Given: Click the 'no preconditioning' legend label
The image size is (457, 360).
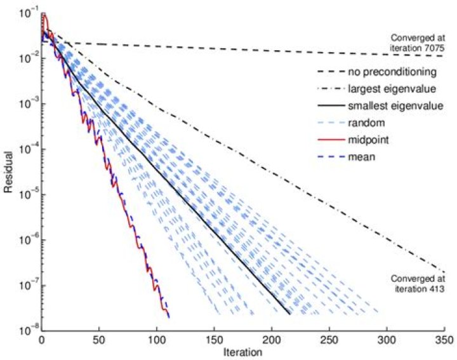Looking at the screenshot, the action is tap(392, 72).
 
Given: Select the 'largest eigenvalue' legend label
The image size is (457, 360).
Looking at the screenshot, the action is tap(392, 89).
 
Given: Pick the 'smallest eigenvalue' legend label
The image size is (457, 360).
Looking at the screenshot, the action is tap(395, 105).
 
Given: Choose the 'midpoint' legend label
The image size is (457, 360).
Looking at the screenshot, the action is tap(368, 140).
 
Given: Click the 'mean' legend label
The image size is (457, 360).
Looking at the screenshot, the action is tap(362, 157).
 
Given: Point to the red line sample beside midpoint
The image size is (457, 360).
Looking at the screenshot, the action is tap(331, 140).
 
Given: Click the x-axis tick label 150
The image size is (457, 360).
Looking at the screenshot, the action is tap(215, 340).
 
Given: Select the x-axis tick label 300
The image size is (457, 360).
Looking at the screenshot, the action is tap(387, 340).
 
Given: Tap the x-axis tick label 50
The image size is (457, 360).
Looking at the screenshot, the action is tap(99, 340).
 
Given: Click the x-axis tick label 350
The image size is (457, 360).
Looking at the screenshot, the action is tap(445, 340).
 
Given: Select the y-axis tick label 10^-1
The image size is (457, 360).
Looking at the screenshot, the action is tap(29, 13).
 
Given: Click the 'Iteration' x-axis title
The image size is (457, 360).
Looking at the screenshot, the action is tap(242, 352).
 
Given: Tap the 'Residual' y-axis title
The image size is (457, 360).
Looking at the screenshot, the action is tap(8, 172).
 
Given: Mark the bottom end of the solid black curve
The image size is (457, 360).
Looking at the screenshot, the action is tap(290, 314).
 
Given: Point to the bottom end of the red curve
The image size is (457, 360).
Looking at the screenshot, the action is tap(169, 317).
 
